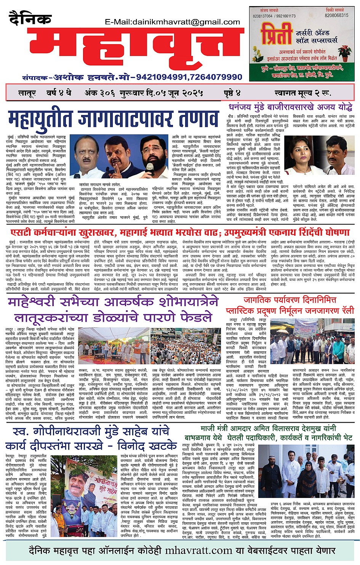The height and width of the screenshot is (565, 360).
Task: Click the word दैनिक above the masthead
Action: [30, 18]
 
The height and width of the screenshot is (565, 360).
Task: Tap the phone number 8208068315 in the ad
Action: [336, 16]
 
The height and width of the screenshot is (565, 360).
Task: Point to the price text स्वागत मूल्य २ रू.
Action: [302, 93]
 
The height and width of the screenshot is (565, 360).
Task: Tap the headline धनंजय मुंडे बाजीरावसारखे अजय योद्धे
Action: [291, 107]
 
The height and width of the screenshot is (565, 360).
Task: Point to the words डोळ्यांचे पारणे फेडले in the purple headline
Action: [152, 317]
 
